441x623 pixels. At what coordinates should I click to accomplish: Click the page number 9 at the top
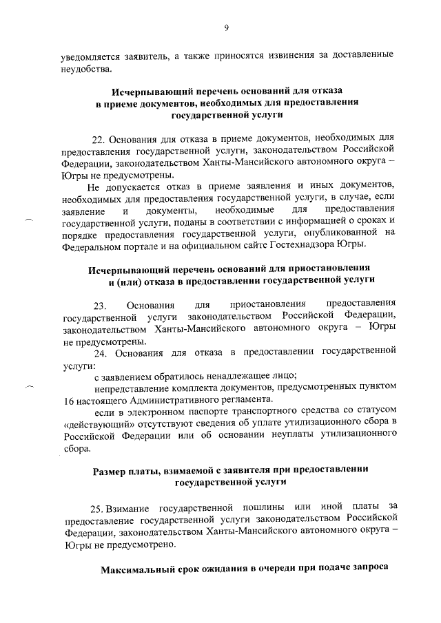(226, 28)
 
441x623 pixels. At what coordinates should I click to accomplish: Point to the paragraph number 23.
(100, 304)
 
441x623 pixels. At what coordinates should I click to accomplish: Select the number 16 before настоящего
(68, 400)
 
